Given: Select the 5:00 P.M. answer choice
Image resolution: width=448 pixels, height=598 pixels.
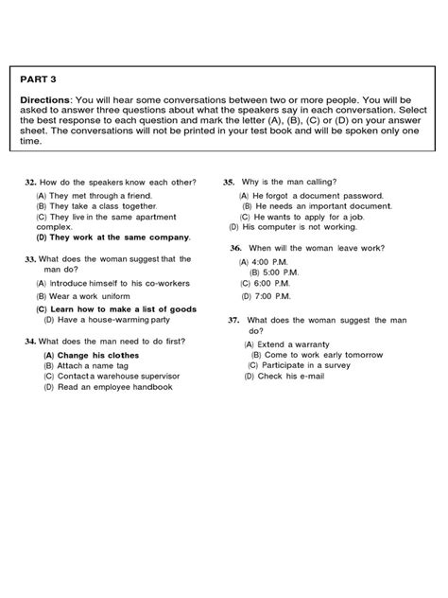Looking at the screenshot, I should click(x=284, y=272).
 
